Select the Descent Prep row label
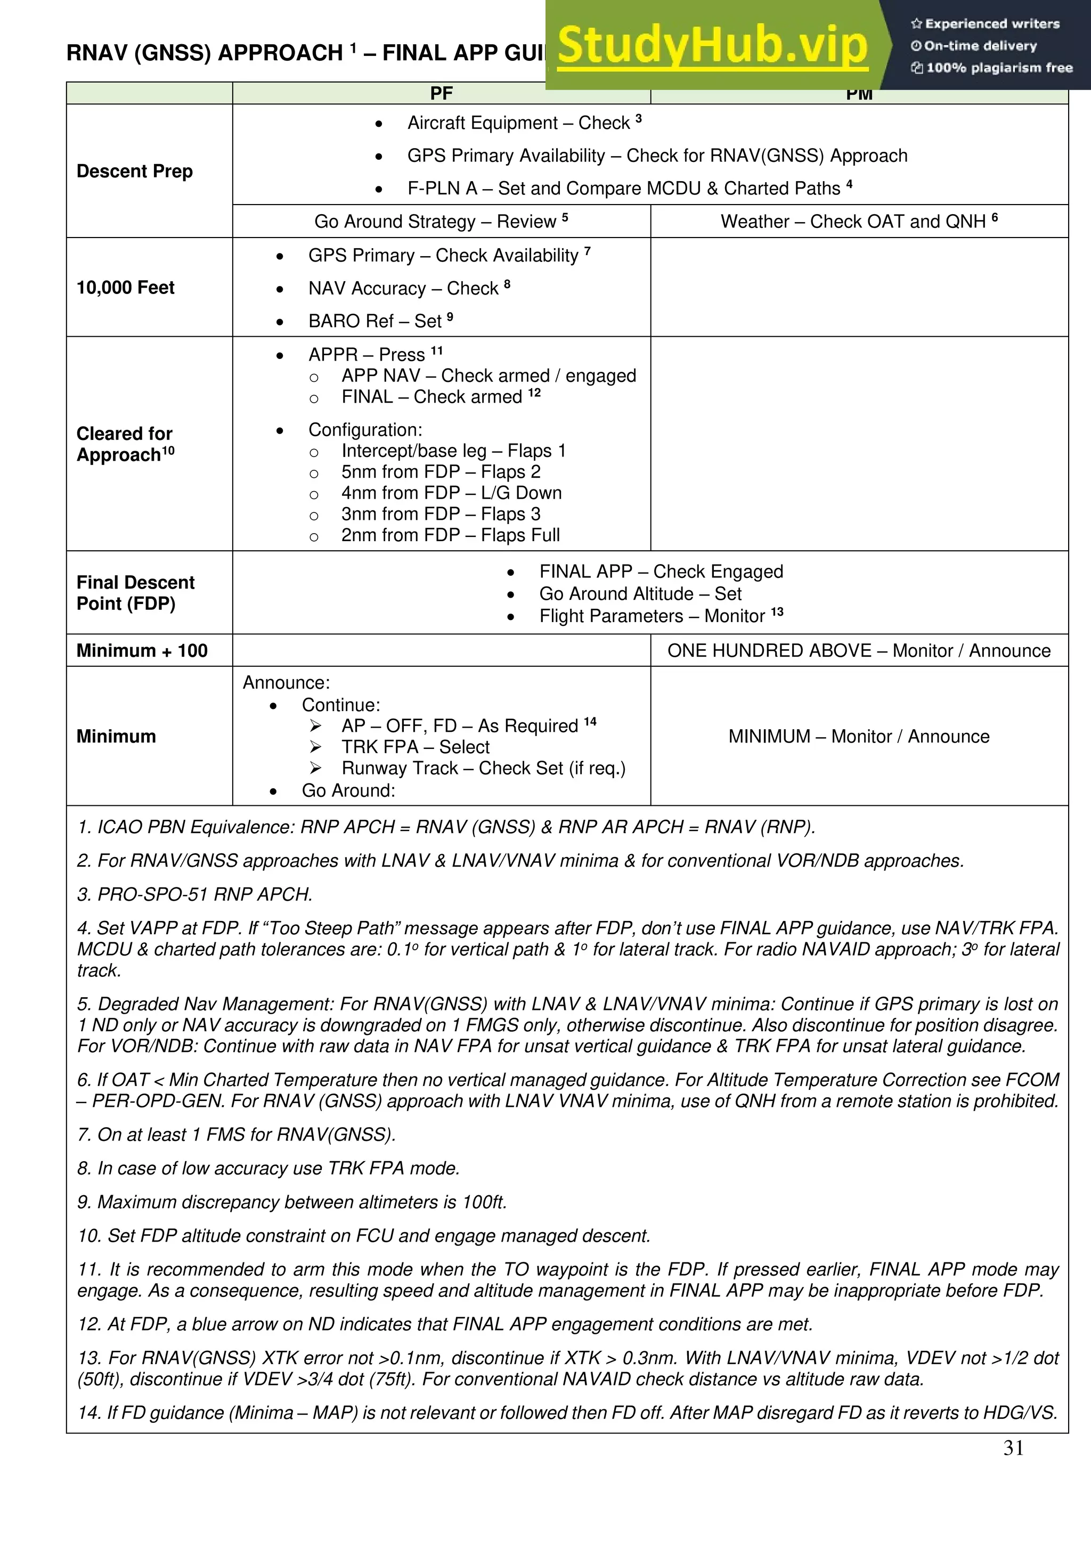tap(134, 172)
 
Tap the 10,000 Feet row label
tap(125, 288)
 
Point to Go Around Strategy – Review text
tap(441, 222)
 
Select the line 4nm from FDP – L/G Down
tap(451, 493)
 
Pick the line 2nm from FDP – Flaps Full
tap(450, 535)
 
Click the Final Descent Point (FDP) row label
tap(135, 592)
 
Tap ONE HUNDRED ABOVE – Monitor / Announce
tap(859, 651)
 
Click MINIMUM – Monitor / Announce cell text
tap(859, 737)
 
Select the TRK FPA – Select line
tap(415, 747)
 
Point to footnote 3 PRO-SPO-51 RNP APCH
tap(195, 895)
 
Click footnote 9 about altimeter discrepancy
tap(291, 1202)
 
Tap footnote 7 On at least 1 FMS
tap(237, 1135)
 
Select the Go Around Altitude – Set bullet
tap(640, 594)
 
